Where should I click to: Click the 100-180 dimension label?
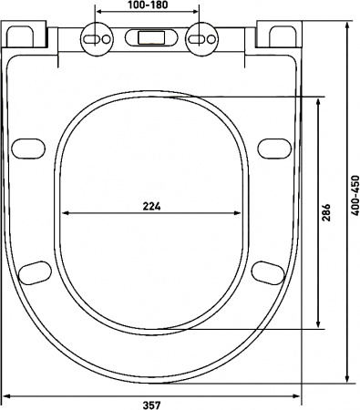[148, 6]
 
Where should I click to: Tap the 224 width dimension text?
[153, 206]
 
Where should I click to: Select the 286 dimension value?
[326, 212]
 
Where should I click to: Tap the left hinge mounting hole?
[94, 39]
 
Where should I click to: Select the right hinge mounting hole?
[199, 39]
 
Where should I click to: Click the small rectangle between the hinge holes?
[148, 40]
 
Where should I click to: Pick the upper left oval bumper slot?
[29, 149]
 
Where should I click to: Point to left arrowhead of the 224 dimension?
[64, 213]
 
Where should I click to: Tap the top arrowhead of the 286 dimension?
[316, 101]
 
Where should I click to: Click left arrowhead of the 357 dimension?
[8, 395]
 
